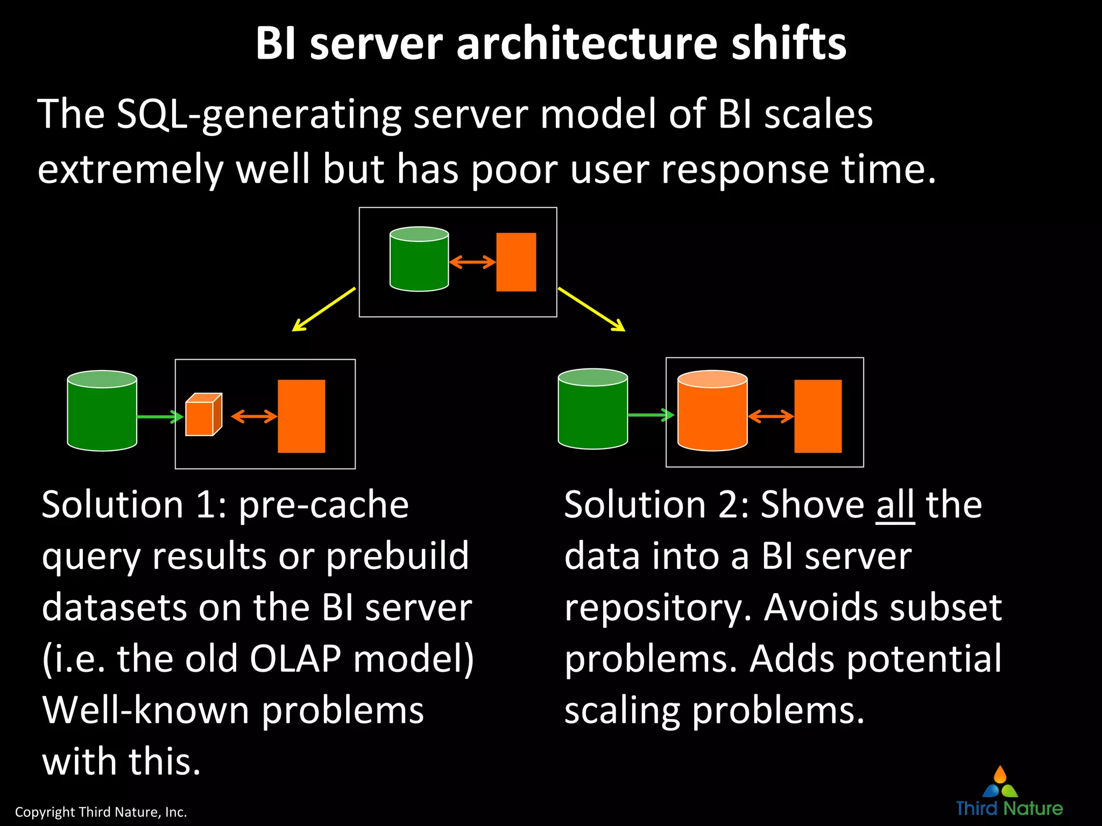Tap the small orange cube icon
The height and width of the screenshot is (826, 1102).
203,415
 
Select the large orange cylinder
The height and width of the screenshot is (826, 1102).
712,411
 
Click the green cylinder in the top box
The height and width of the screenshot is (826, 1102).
419,260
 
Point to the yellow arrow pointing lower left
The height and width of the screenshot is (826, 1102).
323,310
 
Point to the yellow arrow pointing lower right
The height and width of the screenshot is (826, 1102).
592,310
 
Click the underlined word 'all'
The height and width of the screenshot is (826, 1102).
895,505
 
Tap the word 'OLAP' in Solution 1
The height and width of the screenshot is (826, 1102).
295,659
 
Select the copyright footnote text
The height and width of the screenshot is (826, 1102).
101,812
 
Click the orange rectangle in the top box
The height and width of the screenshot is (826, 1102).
515,262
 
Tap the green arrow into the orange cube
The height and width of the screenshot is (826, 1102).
160,417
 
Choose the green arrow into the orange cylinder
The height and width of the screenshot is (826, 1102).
651,415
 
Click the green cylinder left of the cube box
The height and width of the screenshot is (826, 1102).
102,411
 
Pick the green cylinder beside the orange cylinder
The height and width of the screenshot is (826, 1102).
592,409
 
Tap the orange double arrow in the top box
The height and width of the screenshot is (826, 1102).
472,262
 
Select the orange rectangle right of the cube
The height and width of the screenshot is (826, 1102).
301,416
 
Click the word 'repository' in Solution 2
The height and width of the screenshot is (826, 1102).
653,609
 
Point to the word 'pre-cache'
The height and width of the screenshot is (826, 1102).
323,506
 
